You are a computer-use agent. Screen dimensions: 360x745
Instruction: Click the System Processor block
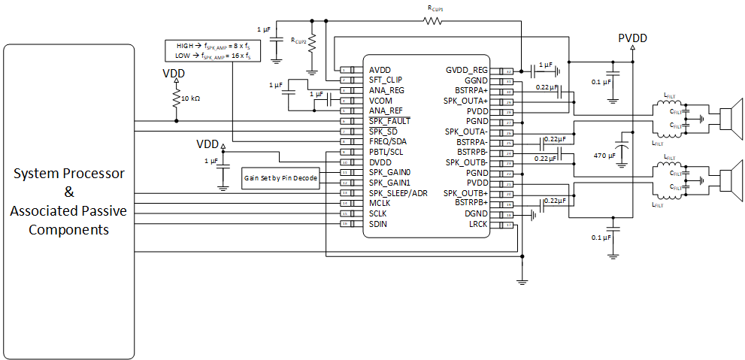(x=68, y=201)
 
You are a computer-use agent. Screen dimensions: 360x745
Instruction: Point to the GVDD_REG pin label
(x=466, y=69)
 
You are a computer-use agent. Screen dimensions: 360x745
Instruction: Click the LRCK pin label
(x=477, y=224)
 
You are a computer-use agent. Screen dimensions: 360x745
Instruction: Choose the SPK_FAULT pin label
(x=389, y=121)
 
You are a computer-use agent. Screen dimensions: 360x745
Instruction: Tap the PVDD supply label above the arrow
(x=632, y=38)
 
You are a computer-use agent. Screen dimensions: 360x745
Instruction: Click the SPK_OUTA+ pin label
(x=465, y=100)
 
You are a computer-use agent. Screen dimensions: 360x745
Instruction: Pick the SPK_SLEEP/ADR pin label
(x=398, y=193)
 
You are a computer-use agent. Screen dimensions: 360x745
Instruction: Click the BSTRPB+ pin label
(x=468, y=203)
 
